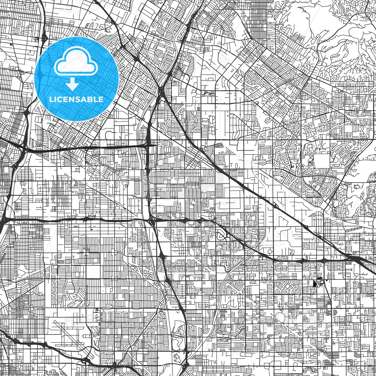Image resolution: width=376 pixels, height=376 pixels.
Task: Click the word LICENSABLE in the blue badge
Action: pyautogui.click(x=76, y=99)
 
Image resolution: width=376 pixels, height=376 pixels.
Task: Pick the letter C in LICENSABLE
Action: pyautogui.click(x=60, y=99)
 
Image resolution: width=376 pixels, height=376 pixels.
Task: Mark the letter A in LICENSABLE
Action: pyautogui.click(x=88, y=99)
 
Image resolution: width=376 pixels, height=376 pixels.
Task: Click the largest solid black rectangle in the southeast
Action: pyautogui.click(x=314, y=283)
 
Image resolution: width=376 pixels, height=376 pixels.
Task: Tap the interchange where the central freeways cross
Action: pyautogui.click(x=152, y=222)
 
